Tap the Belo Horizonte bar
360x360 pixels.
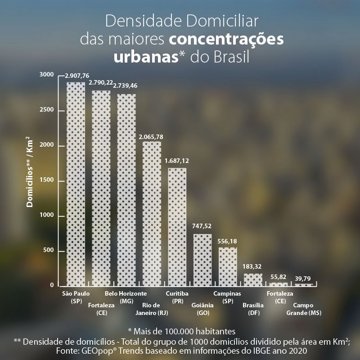(x=126, y=189)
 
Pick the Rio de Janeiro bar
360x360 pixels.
(x=152, y=213)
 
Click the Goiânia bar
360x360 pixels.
(x=202, y=260)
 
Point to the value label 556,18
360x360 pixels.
(x=227, y=242)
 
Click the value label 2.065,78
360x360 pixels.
(x=151, y=136)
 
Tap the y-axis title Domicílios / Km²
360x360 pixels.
(x=30, y=171)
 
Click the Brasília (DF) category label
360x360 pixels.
(x=252, y=309)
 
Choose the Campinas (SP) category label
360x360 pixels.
(x=227, y=297)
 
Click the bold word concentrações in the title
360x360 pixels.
(x=226, y=40)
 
